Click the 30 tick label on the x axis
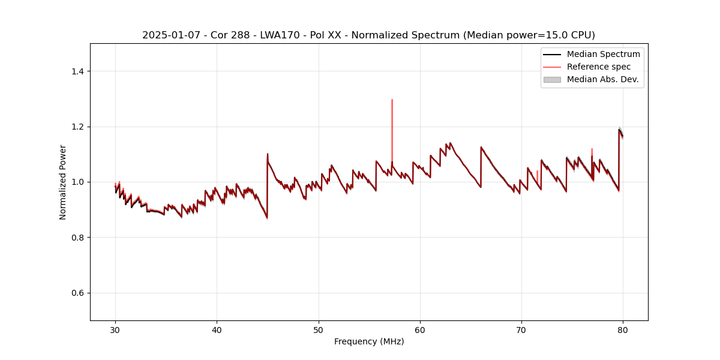click(x=115, y=329)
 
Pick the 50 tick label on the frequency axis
click(x=319, y=329)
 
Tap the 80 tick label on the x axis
click(x=623, y=329)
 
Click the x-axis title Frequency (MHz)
click(x=369, y=341)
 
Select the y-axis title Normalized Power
click(x=63, y=182)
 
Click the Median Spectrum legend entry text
click(x=603, y=54)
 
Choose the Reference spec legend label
click(x=598, y=67)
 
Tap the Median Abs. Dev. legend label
click(x=603, y=79)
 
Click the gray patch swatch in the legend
click(x=552, y=79)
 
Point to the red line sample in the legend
click(x=552, y=67)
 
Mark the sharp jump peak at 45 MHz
click(x=268, y=154)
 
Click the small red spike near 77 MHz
click(x=592, y=150)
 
